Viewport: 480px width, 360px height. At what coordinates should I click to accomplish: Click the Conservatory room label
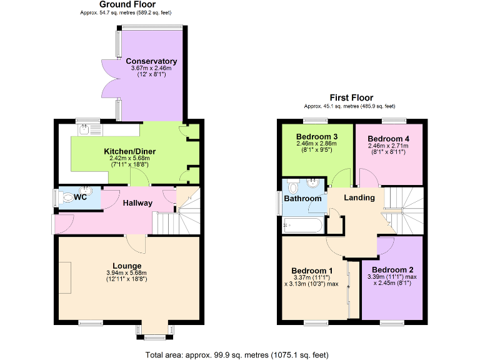[x=151, y=61]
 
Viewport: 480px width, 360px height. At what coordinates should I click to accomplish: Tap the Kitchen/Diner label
[x=129, y=151]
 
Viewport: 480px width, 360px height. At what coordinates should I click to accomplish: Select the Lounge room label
[x=127, y=266]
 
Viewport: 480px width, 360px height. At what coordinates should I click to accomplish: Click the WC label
[x=80, y=197]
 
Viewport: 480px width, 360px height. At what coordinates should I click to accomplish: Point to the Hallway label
[x=137, y=203]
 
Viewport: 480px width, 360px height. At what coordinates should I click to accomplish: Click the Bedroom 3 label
[x=317, y=136]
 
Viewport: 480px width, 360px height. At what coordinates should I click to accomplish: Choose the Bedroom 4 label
[x=388, y=138]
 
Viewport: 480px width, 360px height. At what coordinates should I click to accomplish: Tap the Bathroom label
[x=302, y=199]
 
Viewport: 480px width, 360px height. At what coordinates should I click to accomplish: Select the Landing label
[x=360, y=197]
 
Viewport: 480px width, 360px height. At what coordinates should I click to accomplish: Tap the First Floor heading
[x=351, y=97]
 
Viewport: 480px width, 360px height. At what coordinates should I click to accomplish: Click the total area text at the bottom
[x=237, y=355]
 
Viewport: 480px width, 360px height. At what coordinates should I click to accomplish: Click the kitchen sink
[x=86, y=129]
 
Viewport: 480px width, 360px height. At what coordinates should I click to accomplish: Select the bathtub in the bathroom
[x=302, y=224]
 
